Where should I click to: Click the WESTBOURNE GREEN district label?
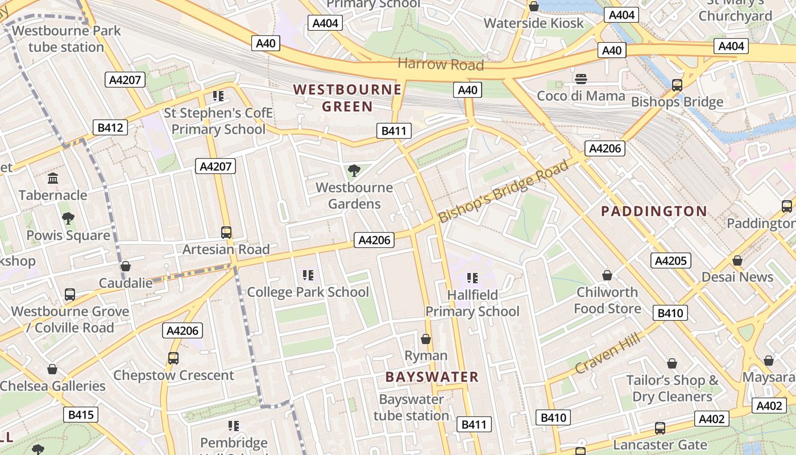pos(347,98)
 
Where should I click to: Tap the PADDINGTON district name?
pos(654,212)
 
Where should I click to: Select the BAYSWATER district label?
pos(432,377)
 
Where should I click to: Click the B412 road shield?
pos(110,127)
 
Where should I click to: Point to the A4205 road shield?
pos(671,260)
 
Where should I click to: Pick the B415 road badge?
pos(81,415)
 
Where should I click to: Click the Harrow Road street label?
pos(441,64)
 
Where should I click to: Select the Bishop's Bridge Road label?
pos(503,192)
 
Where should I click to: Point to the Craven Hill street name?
pos(607,354)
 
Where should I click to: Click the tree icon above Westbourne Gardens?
pos(354,170)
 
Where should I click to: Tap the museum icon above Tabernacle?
pos(53,179)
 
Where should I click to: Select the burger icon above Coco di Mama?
pos(581,79)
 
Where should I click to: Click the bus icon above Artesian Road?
pos(226,232)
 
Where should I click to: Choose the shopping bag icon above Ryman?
pos(425,339)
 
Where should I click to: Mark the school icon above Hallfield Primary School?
pos(472,278)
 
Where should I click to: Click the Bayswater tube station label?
pos(411,407)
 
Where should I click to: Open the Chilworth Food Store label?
pos(607,300)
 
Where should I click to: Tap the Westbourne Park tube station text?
pos(67,39)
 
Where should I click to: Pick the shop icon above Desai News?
pos(737,260)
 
